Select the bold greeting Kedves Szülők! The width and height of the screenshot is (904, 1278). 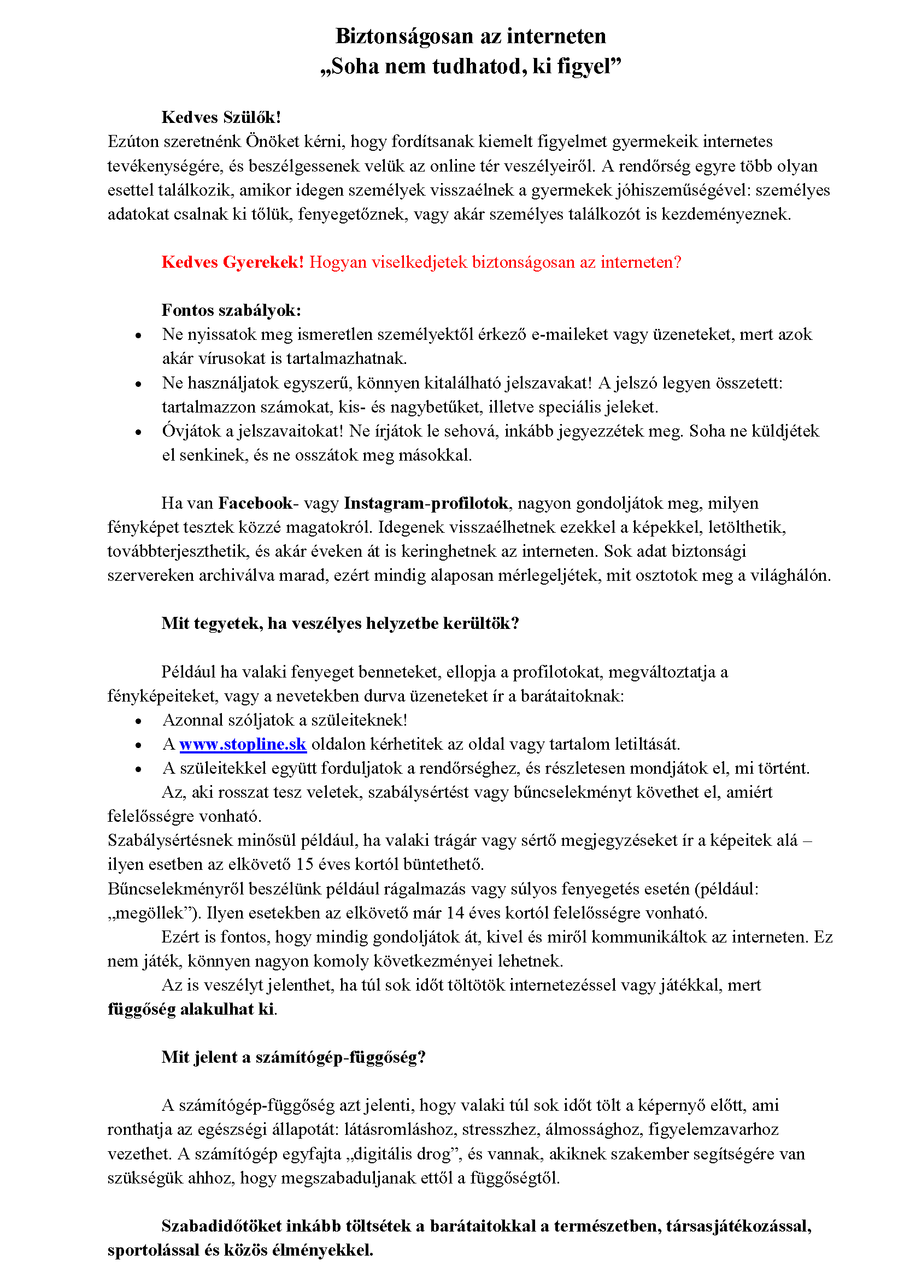pos(221,117)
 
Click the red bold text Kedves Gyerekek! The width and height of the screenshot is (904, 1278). pos(233,262)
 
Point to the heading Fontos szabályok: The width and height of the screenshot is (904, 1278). pos(231,310)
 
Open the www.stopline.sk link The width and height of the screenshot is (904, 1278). pos(243,744)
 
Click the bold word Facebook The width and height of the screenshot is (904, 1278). pos(255,503)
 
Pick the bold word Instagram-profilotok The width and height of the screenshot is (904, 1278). pos(426,503)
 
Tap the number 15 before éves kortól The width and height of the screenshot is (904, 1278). pos(304,864)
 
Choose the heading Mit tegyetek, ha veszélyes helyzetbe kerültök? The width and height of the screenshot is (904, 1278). pos(340,623)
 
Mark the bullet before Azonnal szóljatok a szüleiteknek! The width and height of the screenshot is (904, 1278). pos(139,721)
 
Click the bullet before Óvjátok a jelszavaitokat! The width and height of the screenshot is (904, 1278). pos(139,433)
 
